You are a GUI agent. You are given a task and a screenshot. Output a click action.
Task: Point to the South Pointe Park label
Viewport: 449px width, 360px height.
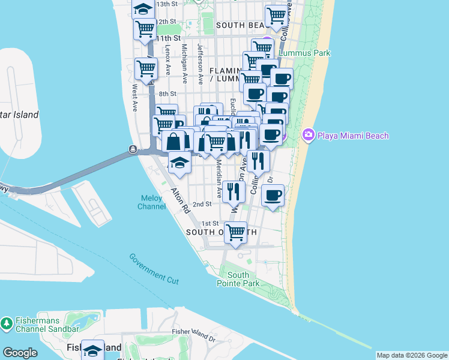click(238, 279)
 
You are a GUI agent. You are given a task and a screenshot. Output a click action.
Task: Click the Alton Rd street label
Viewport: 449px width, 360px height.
click(180, 201)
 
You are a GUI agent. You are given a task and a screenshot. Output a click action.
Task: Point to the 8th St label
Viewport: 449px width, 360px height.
click(167, 94)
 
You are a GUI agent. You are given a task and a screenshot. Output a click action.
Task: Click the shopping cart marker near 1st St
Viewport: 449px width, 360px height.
click(236, 232)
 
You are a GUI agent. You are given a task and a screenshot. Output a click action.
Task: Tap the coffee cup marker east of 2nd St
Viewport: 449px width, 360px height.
click(273, 195)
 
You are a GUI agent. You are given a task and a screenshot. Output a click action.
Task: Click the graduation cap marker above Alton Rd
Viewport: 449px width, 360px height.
click(179, 161)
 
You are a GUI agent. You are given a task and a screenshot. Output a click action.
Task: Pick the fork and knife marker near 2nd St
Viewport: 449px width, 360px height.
click(234, 191)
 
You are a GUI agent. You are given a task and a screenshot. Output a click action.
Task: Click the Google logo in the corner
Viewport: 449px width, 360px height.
click(20, 353)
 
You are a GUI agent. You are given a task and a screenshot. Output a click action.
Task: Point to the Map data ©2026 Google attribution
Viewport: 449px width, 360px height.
click(412, 355)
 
